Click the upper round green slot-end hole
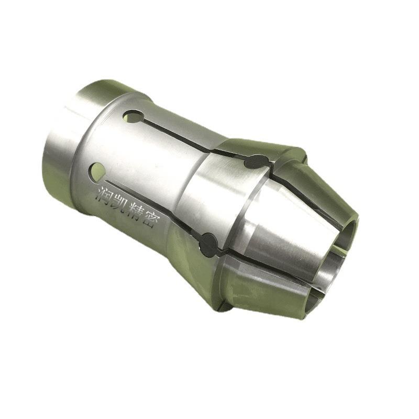(133, 117)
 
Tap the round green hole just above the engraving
(98, 171)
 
